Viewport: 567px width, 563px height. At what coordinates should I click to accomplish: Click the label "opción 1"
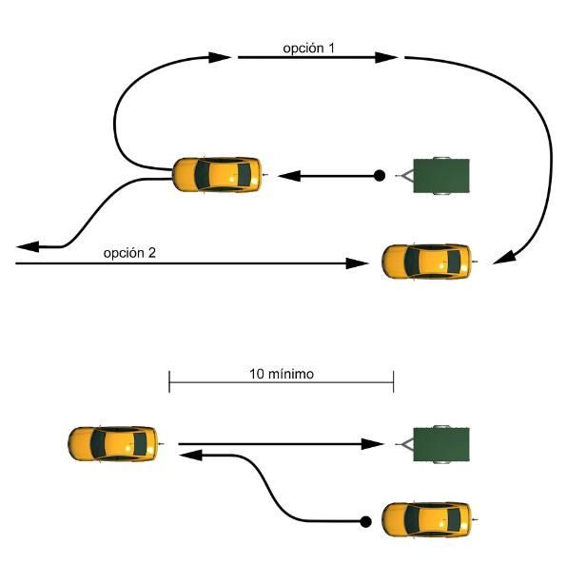tap(308, 49)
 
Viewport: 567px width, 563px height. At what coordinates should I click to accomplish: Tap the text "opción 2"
tap(129, 253)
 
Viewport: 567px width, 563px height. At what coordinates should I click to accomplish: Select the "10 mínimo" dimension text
tap(282, 374)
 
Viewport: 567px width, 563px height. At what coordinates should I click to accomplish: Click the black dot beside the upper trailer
tap(380, 176)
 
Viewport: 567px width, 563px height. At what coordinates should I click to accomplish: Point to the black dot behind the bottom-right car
tap(365, 521)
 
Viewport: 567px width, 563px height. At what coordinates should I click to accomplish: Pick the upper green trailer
tap(433, 176)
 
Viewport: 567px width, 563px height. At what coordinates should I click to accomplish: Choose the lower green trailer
tap(433, 444)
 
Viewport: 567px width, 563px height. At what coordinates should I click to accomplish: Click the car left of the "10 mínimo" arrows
tap(116, 444)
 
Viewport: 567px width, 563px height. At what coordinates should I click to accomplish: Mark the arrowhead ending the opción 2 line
tap(357, 263)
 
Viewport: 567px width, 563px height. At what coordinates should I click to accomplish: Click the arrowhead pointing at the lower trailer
tap(373, 444)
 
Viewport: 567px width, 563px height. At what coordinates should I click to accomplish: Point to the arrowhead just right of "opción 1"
tap(386, 57)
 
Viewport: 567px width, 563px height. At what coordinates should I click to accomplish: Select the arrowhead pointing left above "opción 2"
tap(28, 246)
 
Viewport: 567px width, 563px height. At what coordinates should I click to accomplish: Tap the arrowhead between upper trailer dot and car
tap(289, 176)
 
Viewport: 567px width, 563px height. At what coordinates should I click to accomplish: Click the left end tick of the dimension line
tap(169, 381)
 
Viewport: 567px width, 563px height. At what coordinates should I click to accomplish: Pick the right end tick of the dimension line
tap(394, 381)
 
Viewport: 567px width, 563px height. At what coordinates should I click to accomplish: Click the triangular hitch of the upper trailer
tap(407, 176)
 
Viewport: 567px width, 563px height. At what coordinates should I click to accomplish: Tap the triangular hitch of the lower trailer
tap(407, 444)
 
